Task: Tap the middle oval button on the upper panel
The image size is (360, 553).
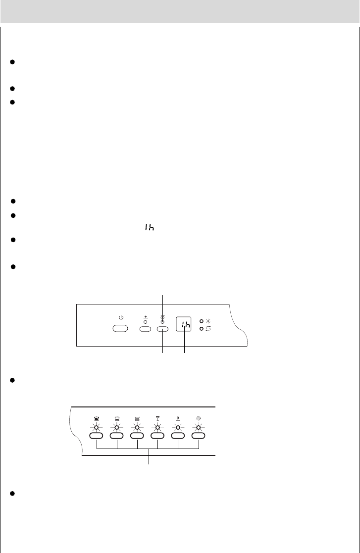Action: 145,328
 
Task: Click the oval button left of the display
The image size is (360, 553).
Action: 163,328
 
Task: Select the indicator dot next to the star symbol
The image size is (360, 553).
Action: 202,320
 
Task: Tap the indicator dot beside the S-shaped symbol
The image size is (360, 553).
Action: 202,328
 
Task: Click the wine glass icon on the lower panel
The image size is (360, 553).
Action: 157,419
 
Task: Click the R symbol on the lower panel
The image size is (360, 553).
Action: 178,419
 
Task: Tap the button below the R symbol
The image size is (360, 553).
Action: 178,436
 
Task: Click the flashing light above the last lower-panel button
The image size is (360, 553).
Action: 199,427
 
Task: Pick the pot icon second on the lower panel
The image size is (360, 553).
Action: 116,419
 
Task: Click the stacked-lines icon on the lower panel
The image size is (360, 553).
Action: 137,419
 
